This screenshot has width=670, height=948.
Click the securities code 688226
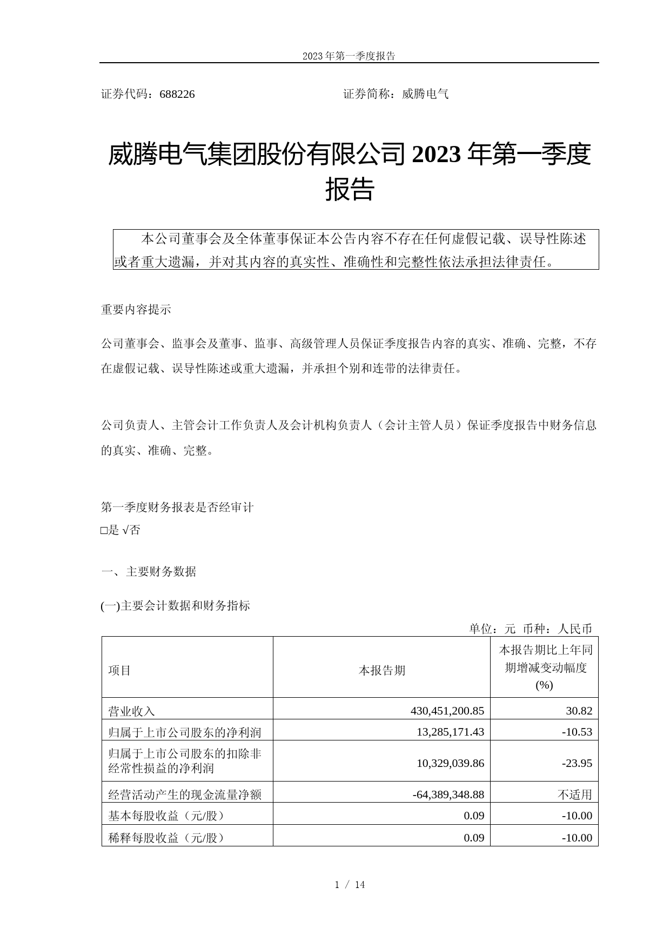click(177, 95)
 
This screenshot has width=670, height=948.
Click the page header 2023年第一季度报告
click(349, 56)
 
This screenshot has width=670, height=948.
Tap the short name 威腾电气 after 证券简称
click(425, 95)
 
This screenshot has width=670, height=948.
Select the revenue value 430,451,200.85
click(447, 711)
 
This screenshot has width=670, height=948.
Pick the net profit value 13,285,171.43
click(451, 732)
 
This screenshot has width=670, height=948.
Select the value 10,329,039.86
click(451, 763)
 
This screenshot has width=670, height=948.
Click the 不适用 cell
click(575, 795)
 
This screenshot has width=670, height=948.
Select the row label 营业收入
click(131, 711)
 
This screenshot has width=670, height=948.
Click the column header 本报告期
click(381, 671)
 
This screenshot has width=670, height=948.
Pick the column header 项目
click(119, 671)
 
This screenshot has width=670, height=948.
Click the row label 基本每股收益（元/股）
click(166, 816)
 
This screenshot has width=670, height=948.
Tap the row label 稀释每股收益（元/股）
click(166, 838)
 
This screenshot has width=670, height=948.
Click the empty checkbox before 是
click(104, 531)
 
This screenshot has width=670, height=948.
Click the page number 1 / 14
click(350, 885)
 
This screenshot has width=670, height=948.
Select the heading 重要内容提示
click(136, 310)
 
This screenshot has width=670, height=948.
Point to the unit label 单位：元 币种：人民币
click(530, 629)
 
